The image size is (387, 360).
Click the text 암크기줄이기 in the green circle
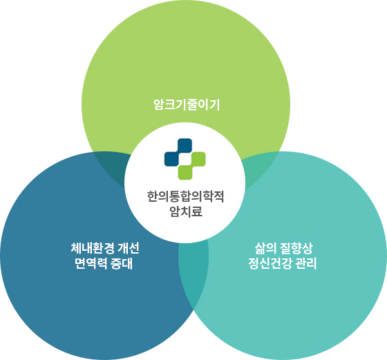(x=187, y=104)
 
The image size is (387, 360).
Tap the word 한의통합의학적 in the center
(x=186, y=197)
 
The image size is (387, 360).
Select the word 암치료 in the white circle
(x=186, y=211)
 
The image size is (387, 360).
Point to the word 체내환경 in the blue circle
(x=92, y=248)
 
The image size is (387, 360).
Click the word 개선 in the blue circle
(x=129, y=248)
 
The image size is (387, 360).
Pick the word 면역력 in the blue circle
(x=91, y=263)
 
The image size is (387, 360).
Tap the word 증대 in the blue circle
(x=122, y=263)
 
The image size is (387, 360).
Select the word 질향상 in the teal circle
(x=296, y=248)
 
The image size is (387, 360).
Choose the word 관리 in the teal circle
(x=305, y=263)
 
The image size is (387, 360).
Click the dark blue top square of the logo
(x=185, y=145)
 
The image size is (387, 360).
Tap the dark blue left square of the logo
(x=171, y=159)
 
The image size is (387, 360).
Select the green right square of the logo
(x=198, y=159)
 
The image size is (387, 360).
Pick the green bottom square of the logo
(x=185, y=173)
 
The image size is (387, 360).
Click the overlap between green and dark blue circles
(x=112, y=168)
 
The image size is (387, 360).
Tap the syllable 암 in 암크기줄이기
(x=159, y=104)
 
